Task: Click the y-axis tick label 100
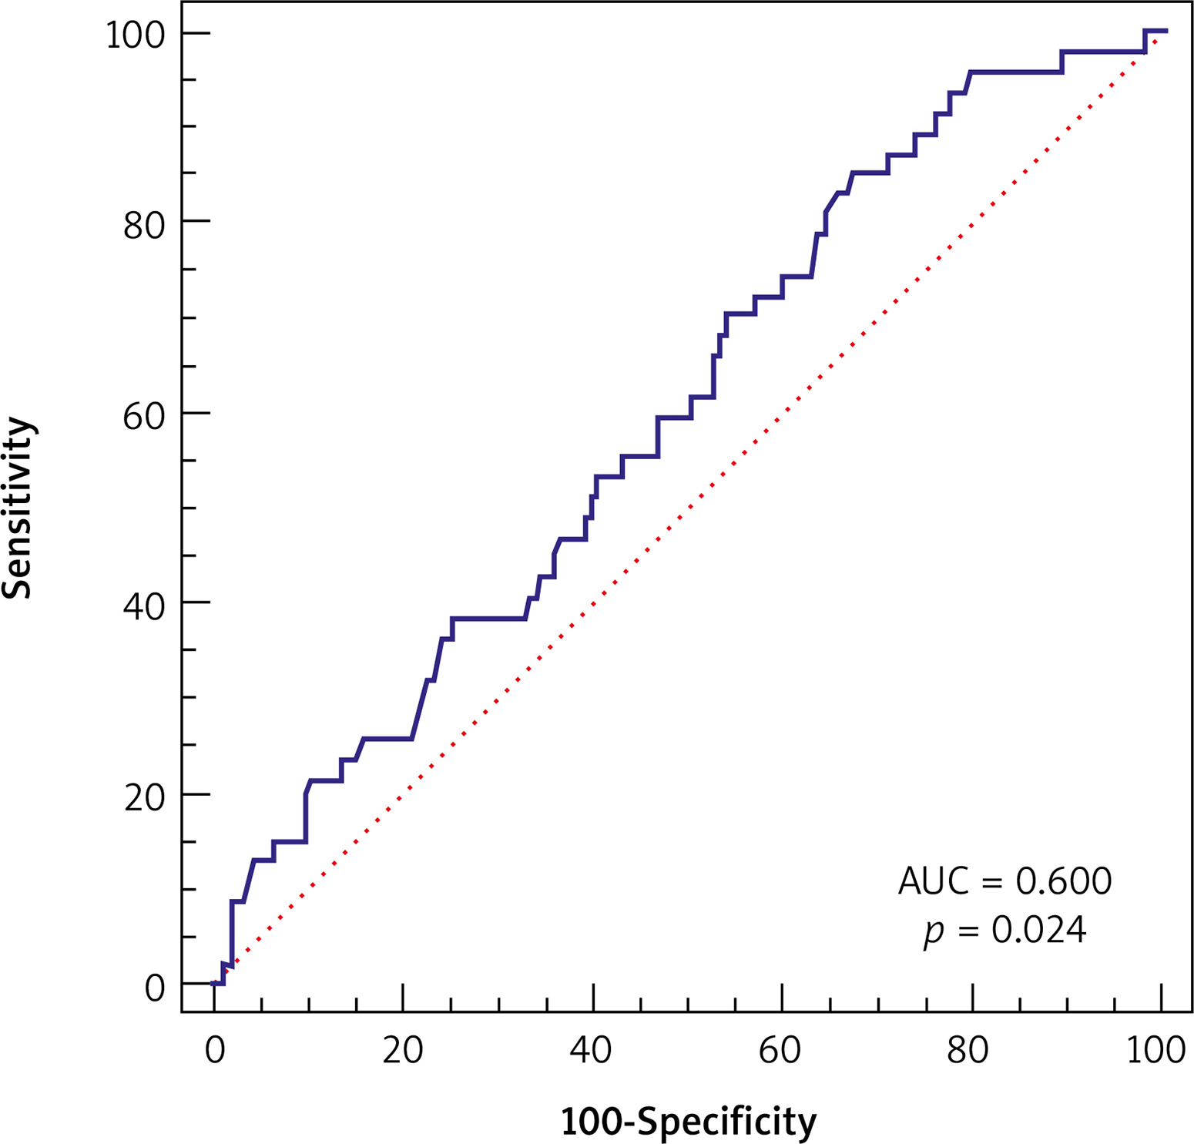point(136,35)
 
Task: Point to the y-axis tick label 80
point(145,226)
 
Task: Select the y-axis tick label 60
point(145,417)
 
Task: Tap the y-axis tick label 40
point(145,607)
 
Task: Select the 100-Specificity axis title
point(688,1122)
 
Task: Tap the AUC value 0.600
point(1064,881)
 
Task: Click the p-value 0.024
point(1038,931)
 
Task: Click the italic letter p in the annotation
point(934,932)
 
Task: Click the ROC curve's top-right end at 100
point(1165,31)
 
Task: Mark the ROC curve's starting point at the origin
point(214,983)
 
